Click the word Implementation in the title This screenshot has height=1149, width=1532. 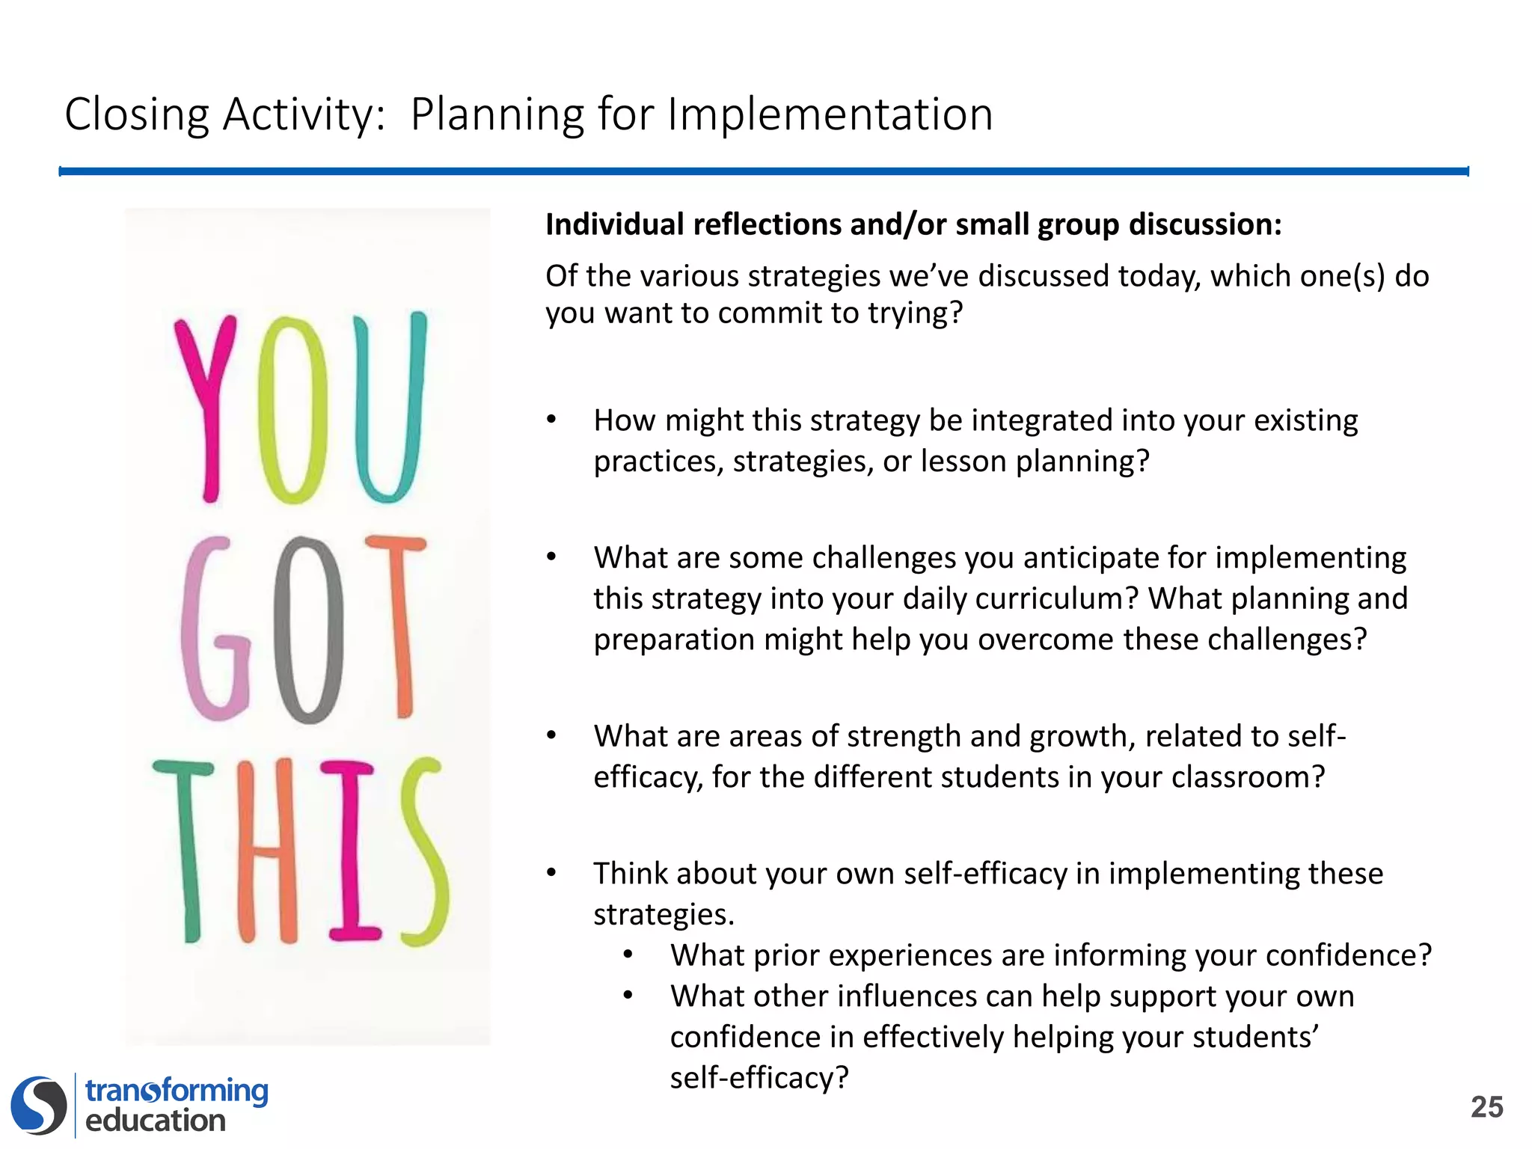tap(830, 114)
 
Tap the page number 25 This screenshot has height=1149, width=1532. tap(1486, 1107)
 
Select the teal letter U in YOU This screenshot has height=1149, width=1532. tap(389, 408)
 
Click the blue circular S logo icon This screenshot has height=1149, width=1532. tap(39, 1105)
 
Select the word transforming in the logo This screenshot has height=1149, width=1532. tap(177, 1091)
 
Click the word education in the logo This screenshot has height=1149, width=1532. tap(156, 1121)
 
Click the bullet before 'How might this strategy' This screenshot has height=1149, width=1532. tap(551, 420)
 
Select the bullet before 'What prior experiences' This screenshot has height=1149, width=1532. tap(628, 955)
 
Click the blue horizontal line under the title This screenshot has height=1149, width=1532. tap(763, 171)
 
